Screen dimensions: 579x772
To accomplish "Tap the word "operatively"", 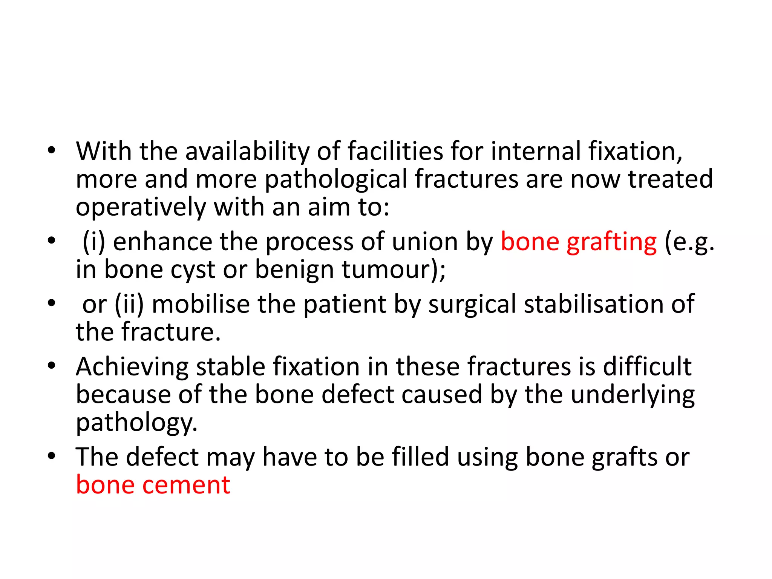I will click(x=141, y=207).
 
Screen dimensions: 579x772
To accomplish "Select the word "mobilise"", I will click(x=201, y=304).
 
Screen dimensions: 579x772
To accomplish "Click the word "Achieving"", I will click(x=132, y=367).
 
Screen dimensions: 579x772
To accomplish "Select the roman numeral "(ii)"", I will click(x=129, y=304).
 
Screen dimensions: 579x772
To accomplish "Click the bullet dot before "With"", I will click(x=52, y=151).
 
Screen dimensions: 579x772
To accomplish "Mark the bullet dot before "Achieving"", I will click(x=52, y=365).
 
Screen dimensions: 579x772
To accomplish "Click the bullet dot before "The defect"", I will click(x=52, y=456).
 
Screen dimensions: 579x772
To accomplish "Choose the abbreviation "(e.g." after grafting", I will click(x=689, y=242).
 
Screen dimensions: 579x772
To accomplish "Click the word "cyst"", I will click(x=193, y=270).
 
